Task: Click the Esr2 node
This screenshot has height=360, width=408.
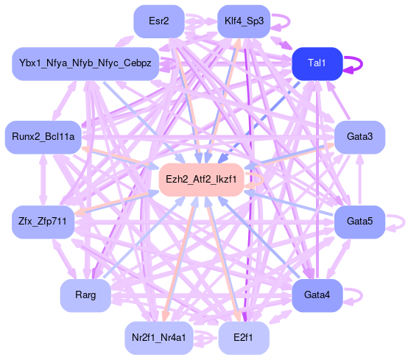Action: click(x=159, y=21)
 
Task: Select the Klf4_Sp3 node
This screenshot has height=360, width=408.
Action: click(x=244, y=21)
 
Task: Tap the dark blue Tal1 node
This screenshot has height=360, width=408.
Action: click(x=317, y=64)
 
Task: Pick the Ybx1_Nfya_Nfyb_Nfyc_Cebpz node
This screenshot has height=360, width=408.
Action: click(x=85, y=64)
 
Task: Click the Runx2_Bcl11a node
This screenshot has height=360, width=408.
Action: click(x=43, y=137)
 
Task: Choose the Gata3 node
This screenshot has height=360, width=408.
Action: click(x=359, y=137)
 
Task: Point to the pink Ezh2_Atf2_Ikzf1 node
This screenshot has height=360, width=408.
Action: click(x=201, y=180)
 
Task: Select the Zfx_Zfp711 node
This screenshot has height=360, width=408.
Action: click(x=43, y=222)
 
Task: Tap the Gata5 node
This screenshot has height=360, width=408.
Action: click(x=359, y=222)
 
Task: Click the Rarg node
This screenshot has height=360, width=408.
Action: click(x=85, y=295)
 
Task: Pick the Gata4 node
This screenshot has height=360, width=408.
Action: click(x=317, y=295)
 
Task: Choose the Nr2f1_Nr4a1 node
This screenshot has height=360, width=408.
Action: click(x=159, y=338)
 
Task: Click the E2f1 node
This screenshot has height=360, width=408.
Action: click(x=244, y=338)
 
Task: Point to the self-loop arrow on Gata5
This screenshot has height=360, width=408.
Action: click(x=404, y=222)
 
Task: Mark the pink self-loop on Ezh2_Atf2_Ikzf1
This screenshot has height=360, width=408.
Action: click(x=263, y=180)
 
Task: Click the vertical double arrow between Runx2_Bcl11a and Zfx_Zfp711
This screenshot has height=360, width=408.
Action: click(x=43, y=180)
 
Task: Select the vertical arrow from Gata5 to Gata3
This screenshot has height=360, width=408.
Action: click(x=360, y=180)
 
